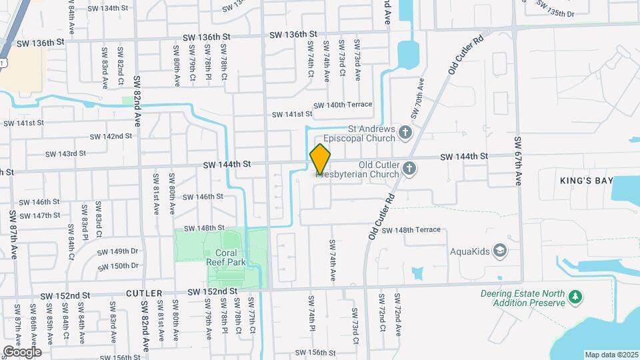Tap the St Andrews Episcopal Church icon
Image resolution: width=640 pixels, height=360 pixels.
coord(404,133)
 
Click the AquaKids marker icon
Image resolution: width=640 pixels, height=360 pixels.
coord(501,251)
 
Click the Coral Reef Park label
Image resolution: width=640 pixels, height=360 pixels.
coord(231,257)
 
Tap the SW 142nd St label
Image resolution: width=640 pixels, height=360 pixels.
coord(109,136)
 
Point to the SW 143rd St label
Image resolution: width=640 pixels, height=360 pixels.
coord(66,153)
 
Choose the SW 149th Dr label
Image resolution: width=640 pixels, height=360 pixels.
coord(117,251)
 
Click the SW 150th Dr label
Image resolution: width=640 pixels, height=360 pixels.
coord(118,265)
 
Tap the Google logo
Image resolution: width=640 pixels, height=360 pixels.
coord(22,351)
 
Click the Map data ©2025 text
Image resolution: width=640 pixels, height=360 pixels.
coord(611,355)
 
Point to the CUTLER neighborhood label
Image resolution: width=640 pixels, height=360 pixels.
coord(144,293)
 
